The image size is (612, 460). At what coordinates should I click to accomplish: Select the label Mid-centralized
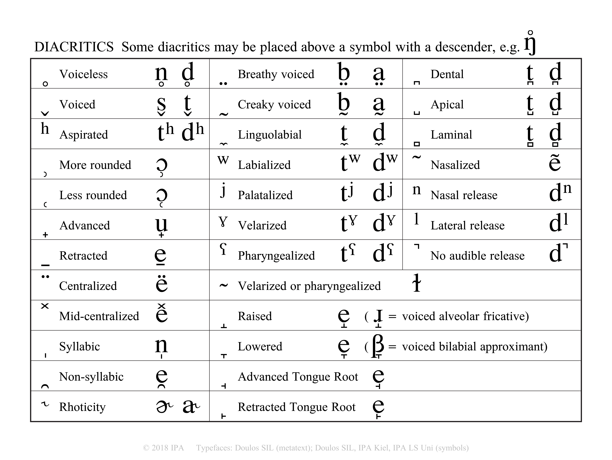[99, 316]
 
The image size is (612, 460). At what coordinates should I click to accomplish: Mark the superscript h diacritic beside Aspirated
[45, 128]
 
